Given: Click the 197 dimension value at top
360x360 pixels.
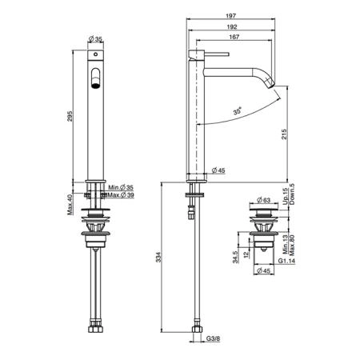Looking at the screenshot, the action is [x=231, y=16].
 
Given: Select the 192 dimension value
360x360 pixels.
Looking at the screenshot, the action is [x=232, y=26].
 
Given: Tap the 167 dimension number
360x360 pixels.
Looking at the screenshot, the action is [x=234, y=37].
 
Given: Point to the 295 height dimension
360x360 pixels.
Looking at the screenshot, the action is [x=70, y=116].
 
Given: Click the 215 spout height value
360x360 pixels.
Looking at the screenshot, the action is [x=284, y=134].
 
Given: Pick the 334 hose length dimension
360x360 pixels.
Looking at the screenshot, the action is [x=158, y=257].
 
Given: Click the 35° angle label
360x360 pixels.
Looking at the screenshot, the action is [x=238, y=110].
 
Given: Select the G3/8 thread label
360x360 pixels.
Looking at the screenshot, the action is [x=213, y=338].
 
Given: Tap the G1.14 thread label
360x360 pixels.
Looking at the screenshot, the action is [x=287, y=261].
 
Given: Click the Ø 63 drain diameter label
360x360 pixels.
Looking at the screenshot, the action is [x=263, y=200].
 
